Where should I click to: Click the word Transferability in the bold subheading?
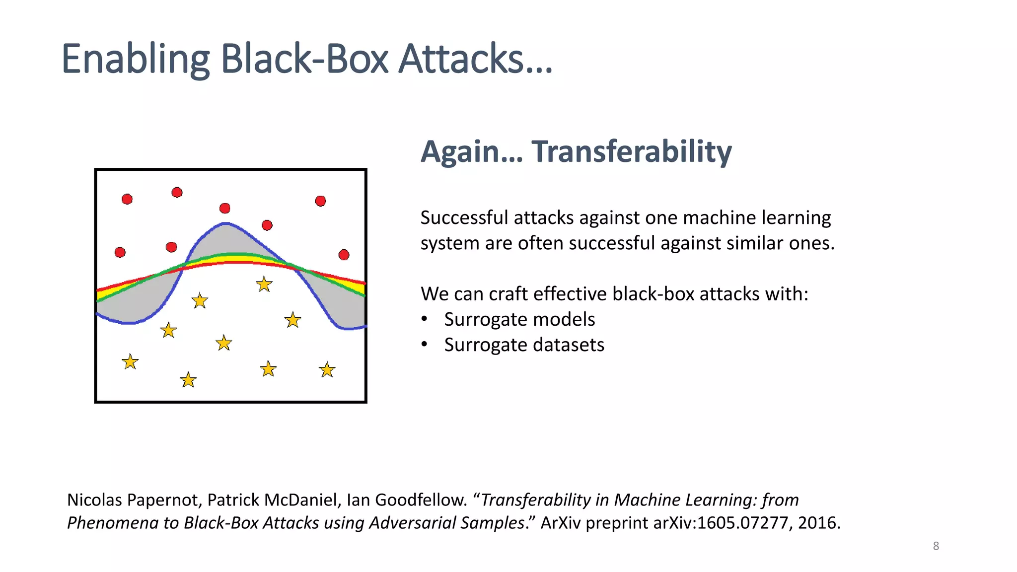click(631, 151)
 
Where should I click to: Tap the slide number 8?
click(936, 546)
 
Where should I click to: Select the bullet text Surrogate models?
click(519, 319)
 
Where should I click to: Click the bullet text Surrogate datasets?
click(524, 345)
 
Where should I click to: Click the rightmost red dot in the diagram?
click(344, 255)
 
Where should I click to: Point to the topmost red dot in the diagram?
click(177, 192)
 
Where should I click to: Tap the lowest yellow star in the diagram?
click(188, 380)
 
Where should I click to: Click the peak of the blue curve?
click(226, 223)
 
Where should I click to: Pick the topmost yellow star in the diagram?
click(264, 285)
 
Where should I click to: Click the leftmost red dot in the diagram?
click(120, 252)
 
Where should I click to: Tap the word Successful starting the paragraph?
click(464, 218)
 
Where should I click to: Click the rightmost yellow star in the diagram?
click(327, 370)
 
